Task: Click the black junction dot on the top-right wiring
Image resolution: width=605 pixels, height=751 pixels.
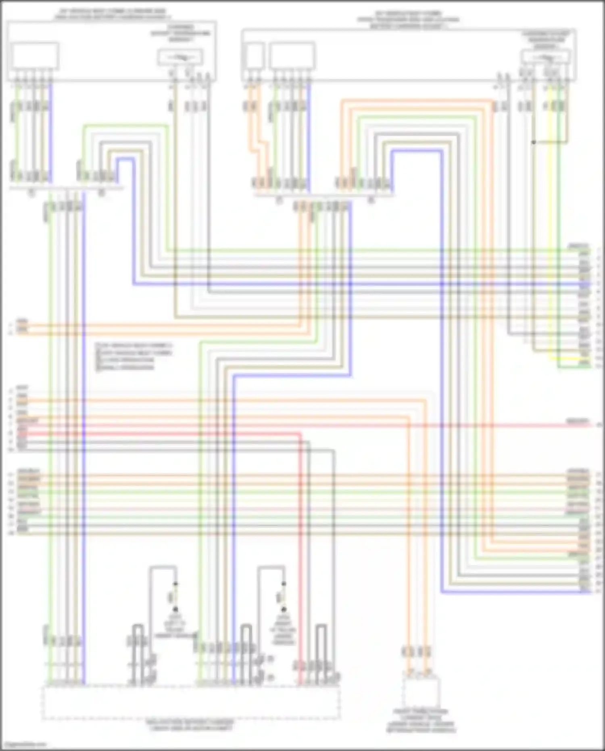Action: point(534,142)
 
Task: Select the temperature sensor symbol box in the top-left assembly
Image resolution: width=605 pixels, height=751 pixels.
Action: point(180,58)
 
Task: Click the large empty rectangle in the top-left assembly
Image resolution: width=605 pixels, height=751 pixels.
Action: point(35,56)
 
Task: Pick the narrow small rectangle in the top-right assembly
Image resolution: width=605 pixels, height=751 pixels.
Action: point(255,56)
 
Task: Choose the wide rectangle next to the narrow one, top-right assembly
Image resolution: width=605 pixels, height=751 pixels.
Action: point(292,56)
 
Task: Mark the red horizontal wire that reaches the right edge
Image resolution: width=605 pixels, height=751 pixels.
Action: point(484,425)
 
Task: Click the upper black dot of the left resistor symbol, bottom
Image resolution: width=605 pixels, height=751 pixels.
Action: point(175,584)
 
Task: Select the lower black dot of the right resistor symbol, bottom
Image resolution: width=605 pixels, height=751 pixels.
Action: point(284,610)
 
